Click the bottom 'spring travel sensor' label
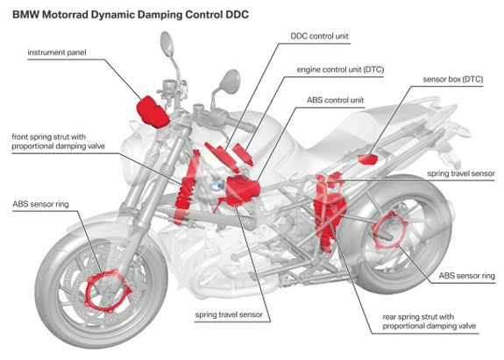230,312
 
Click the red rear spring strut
324,210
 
